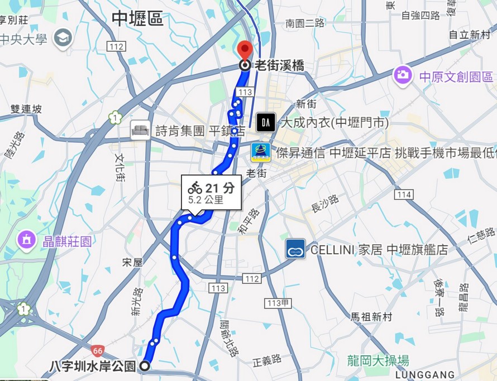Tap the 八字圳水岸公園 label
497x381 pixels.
point(93,366)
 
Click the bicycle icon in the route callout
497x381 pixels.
point(195,187)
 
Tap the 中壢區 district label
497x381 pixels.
point(137,19)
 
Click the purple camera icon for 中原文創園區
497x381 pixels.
point(402,75)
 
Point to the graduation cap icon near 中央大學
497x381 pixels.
point(63,38)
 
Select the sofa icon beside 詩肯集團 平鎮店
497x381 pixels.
point(140,131)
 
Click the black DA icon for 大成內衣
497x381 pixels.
point(266,122)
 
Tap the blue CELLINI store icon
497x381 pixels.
point(295,249)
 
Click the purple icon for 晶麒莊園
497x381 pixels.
point(26,240)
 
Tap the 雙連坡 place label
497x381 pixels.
point(26,109)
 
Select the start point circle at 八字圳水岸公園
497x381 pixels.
point(145,366)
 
